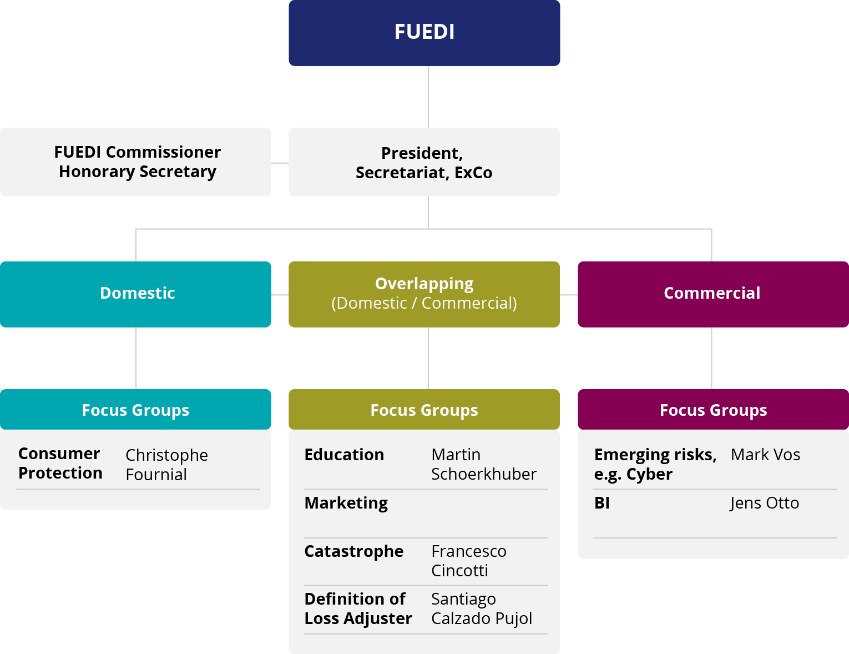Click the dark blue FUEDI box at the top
pyautogui.click(x=424, y=32)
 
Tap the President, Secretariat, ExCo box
pyautogui.click(x=424, y=162)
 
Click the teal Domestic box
pyautogui.click(x=137, y=294)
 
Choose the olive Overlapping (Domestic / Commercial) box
pyautogui.click(x=424, y=294)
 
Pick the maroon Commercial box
pyautogui.click(x=712, y=294)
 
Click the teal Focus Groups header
pyautogui.click(x=135, y=410)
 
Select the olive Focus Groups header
pyautogui.click(x=424, y=410)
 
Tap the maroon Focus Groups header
pyautogui.click(x=713, y=410)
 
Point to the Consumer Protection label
pyautogui.click(x=60, y=463)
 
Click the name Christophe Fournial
pyautogui.click(x=166, y=465)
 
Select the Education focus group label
pyautogui.click(x=344, y=455)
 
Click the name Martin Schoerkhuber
pyautogui.click(x=483, y=464)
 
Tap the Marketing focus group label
pyautogui.click(x=346, y=503)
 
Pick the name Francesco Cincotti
pyautogui.click(x=468, y=561)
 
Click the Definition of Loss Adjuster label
pyautogui.click(x=358, y=608)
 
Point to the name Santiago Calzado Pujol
pyautogui.click(x=481, y=608)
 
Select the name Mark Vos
pyautogui.click(x=765, y=455)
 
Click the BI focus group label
pyautogui.click(x=602, y=503)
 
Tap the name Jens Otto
pyautogui.click(x=764, y=503)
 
